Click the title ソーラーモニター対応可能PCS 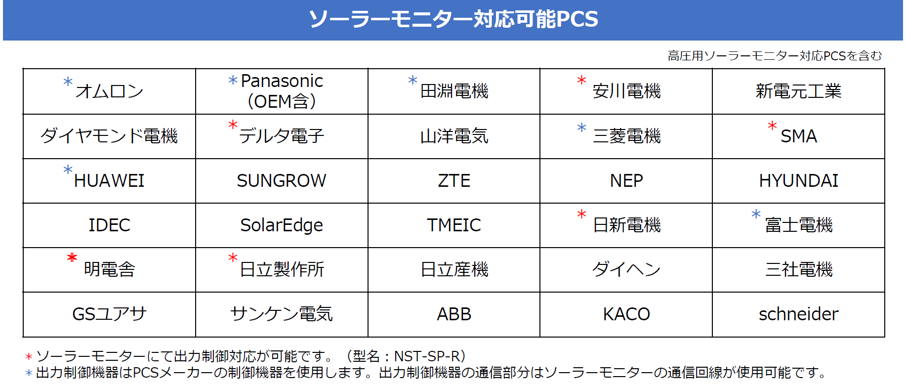pos(453,19)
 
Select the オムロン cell pos(109,91)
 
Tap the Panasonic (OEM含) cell pos(282,91)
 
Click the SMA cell pos(798,136)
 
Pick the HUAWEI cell pos(109,181)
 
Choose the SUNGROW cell pos(282,181)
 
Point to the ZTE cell pos(454,181)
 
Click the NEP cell pos(626,181)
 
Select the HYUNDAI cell pos(798,181)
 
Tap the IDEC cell pos(109,225)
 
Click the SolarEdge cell pos(282,225)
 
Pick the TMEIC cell pos(454,225)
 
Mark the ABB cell pos(454,314)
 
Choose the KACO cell pos(626,314)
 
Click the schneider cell pos(798,314)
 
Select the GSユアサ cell pos(109,314)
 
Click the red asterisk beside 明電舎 pos(72,257)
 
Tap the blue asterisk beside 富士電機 pos(756,214)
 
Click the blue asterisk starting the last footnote pos(29,373)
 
